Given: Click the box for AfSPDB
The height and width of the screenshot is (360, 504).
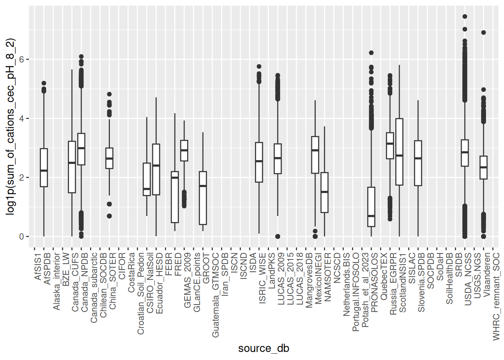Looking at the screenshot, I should [x=44, y=167].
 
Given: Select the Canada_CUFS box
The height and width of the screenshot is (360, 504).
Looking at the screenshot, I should [x=72, y=167].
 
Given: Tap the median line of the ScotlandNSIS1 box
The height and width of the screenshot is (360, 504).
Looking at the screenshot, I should [x=399, y=155].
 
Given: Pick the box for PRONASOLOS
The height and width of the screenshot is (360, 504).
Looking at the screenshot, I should [x=371, y=207].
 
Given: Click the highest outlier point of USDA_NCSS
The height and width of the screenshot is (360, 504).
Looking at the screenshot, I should [x=465, y=16].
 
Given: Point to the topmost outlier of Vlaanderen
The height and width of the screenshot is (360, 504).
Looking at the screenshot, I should [x=483, y=33].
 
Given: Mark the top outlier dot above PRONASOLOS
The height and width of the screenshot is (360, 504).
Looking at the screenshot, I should [x=371, y=53].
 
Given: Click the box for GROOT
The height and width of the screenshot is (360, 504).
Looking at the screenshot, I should [x=203, y=198].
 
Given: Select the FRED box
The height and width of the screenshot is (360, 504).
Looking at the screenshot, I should [x=175, y=197].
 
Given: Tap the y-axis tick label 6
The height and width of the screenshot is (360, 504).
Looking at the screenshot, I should [x=21, y=60].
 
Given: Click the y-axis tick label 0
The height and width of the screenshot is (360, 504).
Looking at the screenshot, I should [x=21, y=237].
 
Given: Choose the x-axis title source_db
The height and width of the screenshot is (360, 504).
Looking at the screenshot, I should [x=264, y=348].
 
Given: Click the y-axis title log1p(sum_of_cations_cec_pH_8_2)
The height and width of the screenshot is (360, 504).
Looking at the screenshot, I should [x=10, y=126].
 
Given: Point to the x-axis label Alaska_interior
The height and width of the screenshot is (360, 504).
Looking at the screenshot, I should [x=57, y=281].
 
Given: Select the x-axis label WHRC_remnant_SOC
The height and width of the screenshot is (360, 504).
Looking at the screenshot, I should [x=496, y=296].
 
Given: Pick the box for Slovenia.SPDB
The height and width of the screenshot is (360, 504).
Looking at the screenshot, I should [x=418, y=163].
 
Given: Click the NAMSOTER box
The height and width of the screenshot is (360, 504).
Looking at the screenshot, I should [x=324, y=192].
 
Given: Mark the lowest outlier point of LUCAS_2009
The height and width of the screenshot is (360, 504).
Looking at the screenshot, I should [x=277, y=237].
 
